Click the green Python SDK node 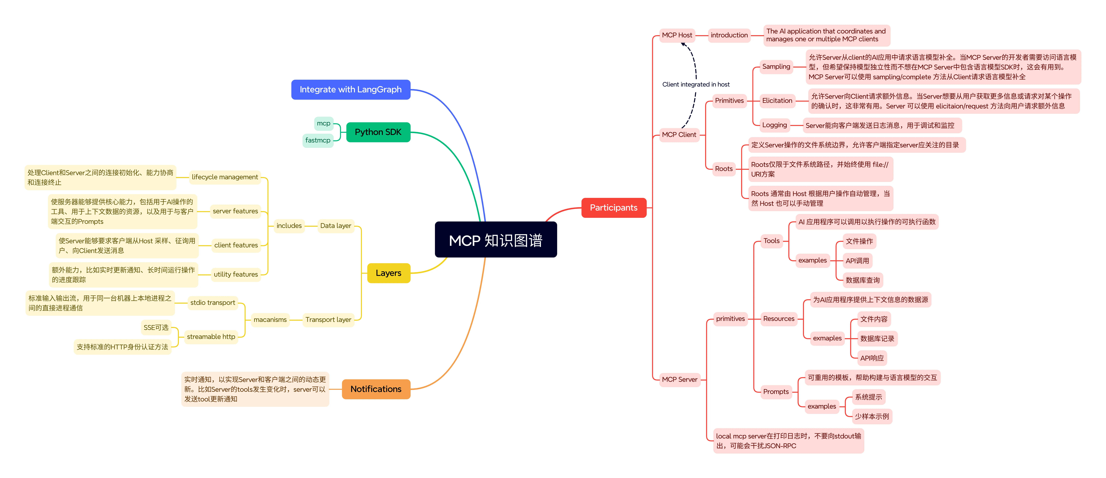tap(378, 132)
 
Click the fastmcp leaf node tap(318, 140)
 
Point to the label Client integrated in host tap(696, 85)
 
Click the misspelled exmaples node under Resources tap(827, 338)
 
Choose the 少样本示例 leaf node tap(872, 417)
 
